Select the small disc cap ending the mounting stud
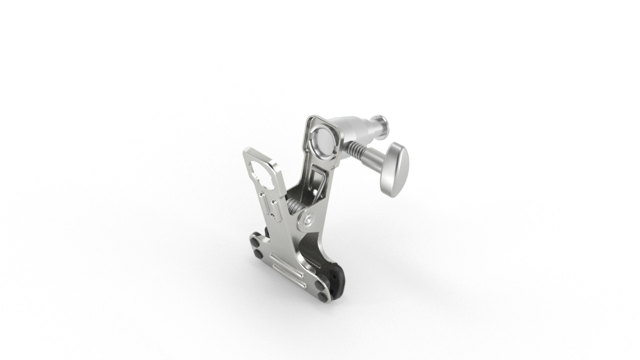pyautogui.click(x=382, y=125)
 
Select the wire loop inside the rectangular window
pyautogui.click(x=318, y=180)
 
